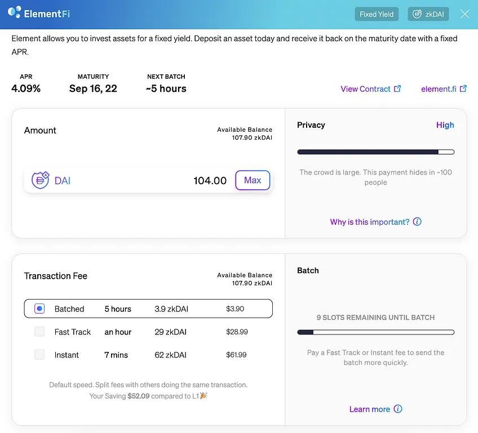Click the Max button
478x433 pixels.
tap(253, 180)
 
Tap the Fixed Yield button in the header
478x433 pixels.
tap(377, 14)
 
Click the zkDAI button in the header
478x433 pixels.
tap(428, 14)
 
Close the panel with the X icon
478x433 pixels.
tap(464, 14)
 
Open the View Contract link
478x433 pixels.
tap(370, 89)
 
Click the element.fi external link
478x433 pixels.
tap(444, 89)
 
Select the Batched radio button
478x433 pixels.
tap(39, 309)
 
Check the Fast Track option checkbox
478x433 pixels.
tap(39, 332)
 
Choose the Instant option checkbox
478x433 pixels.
tap(39, 355)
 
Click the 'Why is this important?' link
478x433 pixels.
tap(375, 222)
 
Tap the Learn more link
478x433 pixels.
tap(375, 409)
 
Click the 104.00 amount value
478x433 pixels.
tap(210, 181)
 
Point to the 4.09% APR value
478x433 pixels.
tap(26, 88)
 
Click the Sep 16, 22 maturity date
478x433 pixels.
tap(93, 88)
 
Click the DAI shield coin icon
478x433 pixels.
tap(40, 180)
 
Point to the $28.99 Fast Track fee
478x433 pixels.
tap(237, 332)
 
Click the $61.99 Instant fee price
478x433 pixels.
tap(236, 355)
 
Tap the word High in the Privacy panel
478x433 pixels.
tap(445, 125)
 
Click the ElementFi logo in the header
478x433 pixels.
tap(39, 13)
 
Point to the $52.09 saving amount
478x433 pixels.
tap(139, 396)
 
